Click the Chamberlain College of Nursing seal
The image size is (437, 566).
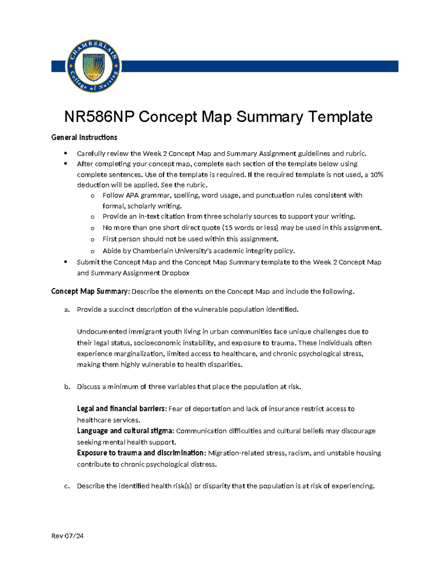pyautogui.click(x=94, y=66)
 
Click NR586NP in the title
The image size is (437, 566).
pyautogui.click(x=99, y=117)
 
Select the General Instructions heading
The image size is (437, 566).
pyautogui.click(x=84, y=137)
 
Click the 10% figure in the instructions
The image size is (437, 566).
pyautogui.click(x=377, y=175)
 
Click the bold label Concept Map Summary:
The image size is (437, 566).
pyautogui.click(x=90, y=292)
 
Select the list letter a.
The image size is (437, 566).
pyautogui.click(x=67, y=310)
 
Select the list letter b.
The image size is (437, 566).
pyautogui.click(x=67, y=387)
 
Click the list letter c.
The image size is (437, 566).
pyautogui.click(x=67, y=486)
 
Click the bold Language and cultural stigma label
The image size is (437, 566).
pyautogui.click(x=125, y=431)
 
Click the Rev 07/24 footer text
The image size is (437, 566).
pyautogui.click(x=67, y=536)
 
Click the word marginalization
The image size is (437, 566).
pyautogui.click(x=138, y=354)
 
